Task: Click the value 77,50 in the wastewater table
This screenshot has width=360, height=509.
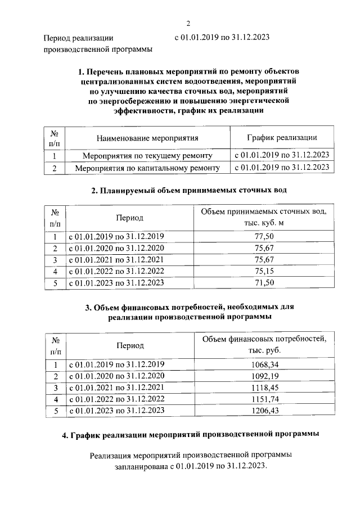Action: pyautogui.click(x=264, y=236)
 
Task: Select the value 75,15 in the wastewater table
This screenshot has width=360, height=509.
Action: pyautogui.click(x=264, y=271)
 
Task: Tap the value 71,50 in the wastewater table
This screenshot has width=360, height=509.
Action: pyautogui.click(x=264, y=283)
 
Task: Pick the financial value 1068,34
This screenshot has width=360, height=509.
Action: pyautogui.click(x=264, y=364)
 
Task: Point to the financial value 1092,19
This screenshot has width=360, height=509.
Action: pyautogui.click(x=264, y=376)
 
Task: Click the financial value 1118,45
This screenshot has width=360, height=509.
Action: pyautogui.click(x=264, y=388)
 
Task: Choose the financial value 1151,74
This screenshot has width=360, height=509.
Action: pyautogui.click(x=264, y=399)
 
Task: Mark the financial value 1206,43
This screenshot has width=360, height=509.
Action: pyautogui.click(x=264, y=411)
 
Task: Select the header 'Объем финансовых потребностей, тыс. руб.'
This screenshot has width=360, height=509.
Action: pyautogui.click(x=264, y=345)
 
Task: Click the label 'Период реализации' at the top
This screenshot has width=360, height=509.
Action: pyautogui.click(x=78, y=38)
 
